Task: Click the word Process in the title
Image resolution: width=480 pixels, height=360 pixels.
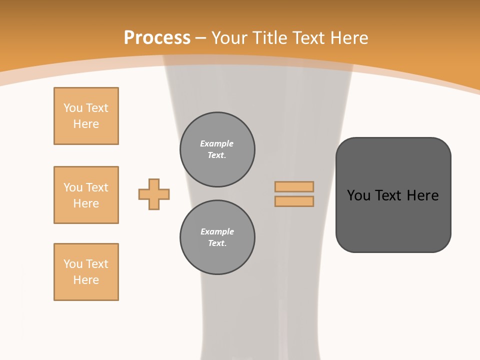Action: pyautogui.click(x=157, y=38)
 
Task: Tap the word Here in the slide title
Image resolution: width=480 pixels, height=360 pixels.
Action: pyautogui.click(x=347, y=38)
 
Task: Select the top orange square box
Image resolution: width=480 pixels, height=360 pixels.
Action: pyautogui.click(x=86, y=116)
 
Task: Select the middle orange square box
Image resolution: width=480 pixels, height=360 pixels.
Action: pyautogui.click(x=86, y=195)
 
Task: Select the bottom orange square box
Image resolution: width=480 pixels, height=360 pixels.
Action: pyautogui.click(x=86, y=272)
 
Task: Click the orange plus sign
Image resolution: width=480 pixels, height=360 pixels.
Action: pyautogui.click(x=154, y=194)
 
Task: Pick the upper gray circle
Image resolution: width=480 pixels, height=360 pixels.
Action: pyautogui.click(x=217, y=149)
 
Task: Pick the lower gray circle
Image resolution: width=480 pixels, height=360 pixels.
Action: pyautogui.click(x=217, y=237)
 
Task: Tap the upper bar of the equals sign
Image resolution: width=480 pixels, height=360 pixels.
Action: pyautogui.click(x=294, y=186)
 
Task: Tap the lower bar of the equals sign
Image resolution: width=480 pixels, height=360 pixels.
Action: pyautogui.click(x=294, y=201)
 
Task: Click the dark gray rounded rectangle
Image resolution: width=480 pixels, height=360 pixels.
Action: pyautogui.click(x=393, y=220)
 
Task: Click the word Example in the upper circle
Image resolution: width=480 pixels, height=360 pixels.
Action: pyautogui.click(x=217, y=144)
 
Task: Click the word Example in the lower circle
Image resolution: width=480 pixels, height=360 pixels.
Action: pyautogui.click(x=217, y=232)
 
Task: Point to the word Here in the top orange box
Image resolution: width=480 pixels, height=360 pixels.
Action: pyautogui.click(x=86, y=124)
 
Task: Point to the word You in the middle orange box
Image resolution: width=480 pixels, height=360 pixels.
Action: pyautogui.click(x=72, y=187)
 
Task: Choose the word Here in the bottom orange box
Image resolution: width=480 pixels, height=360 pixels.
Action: pyautogui.click(x=86, y=280)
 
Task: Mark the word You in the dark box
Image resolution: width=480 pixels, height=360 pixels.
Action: pyautogui.click(x=358, y=195)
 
